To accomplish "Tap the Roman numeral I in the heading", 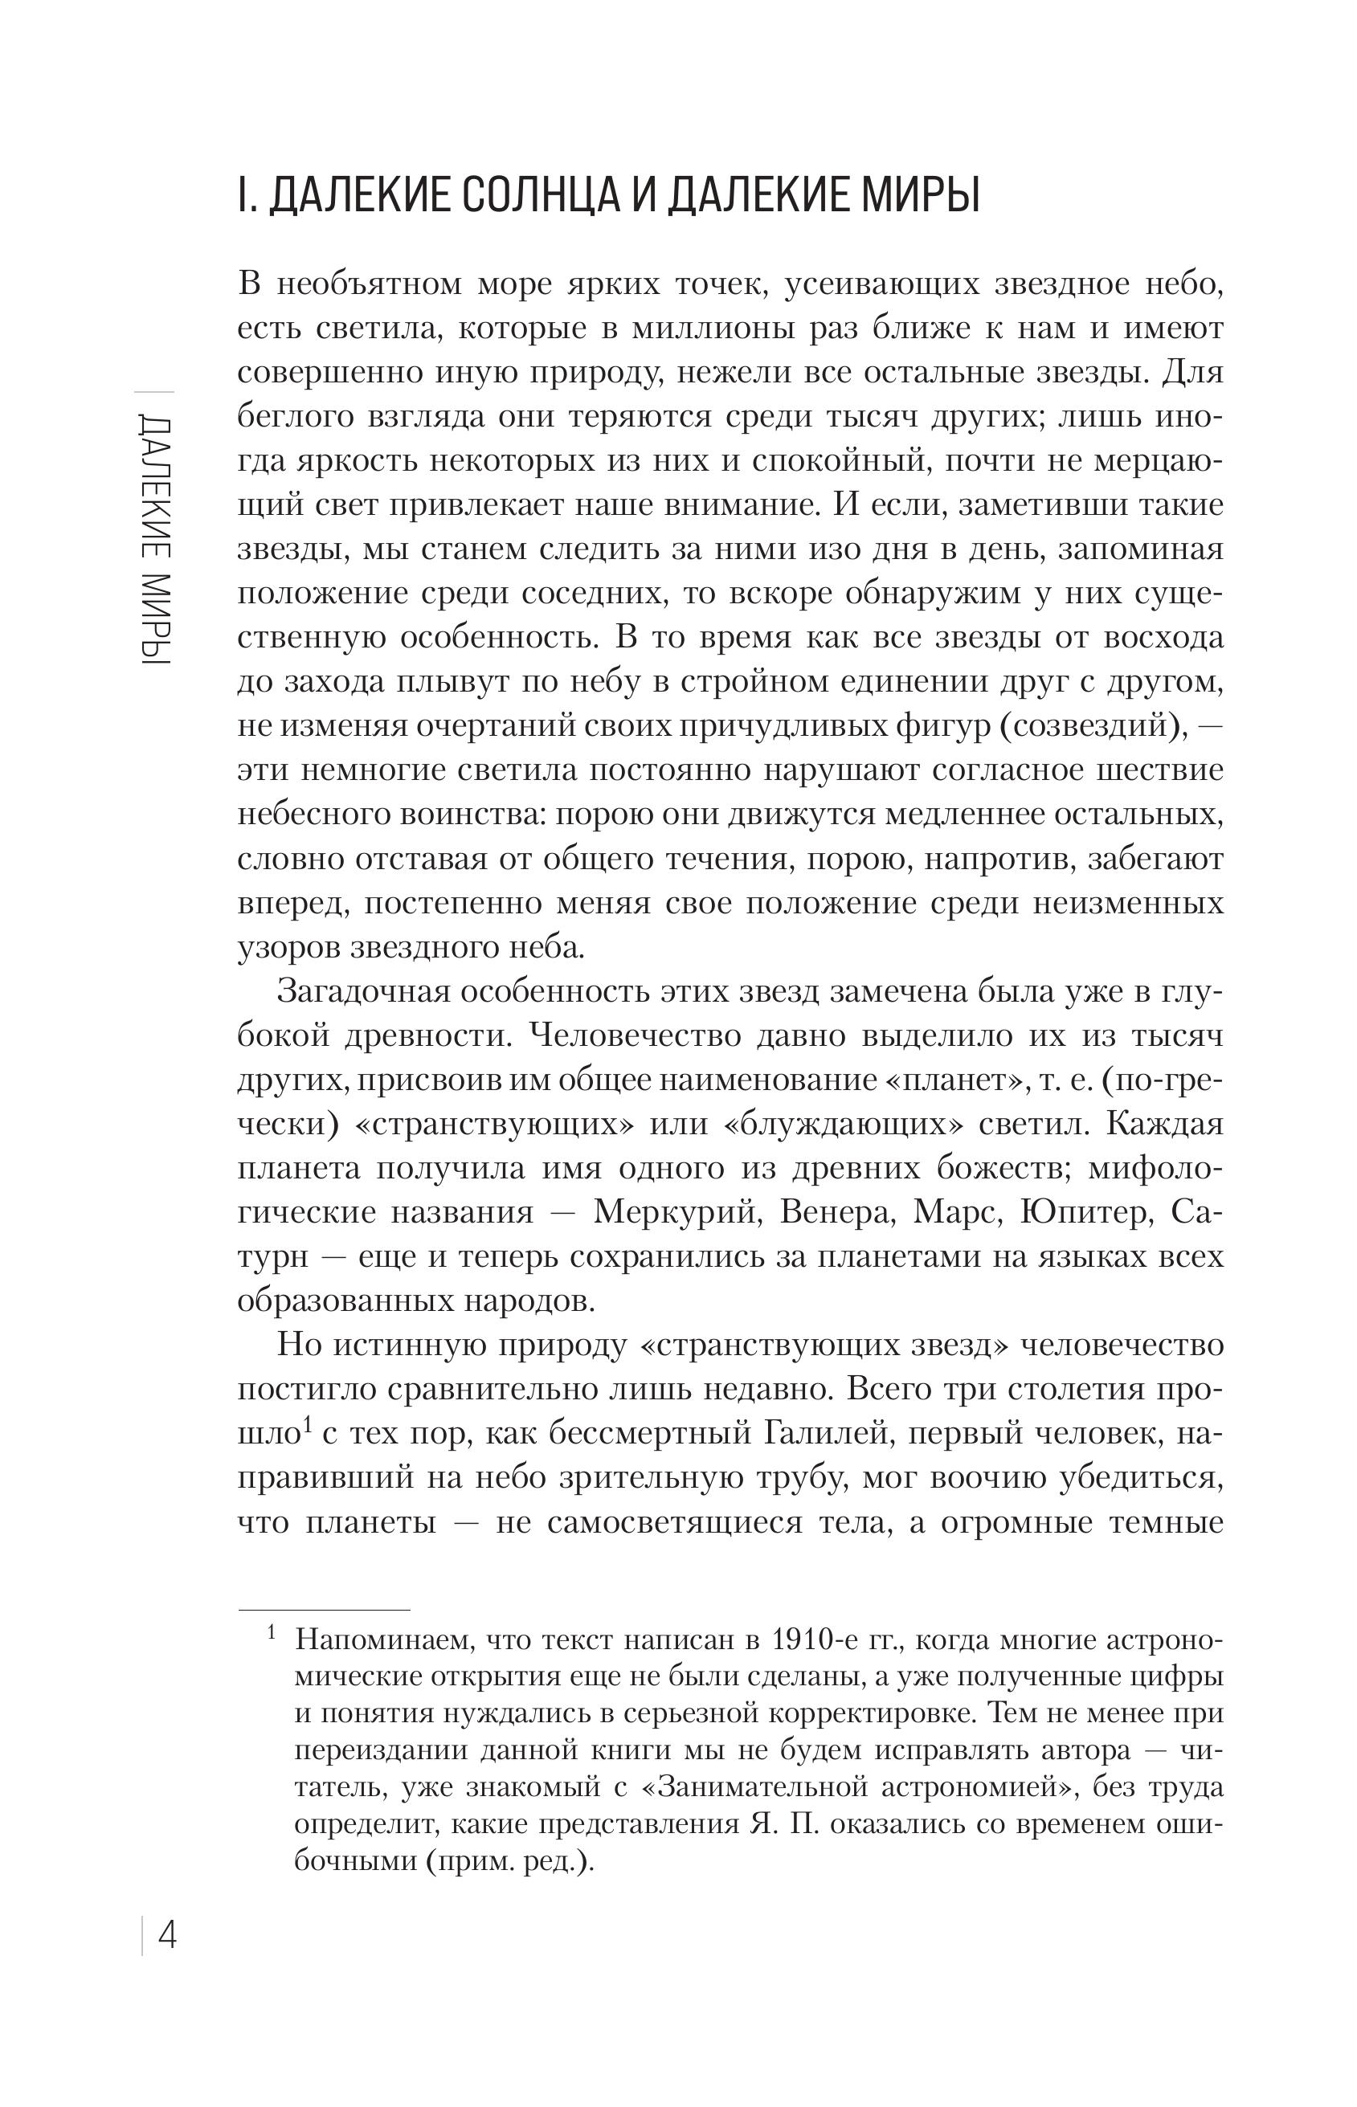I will click(x=242, y=195).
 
